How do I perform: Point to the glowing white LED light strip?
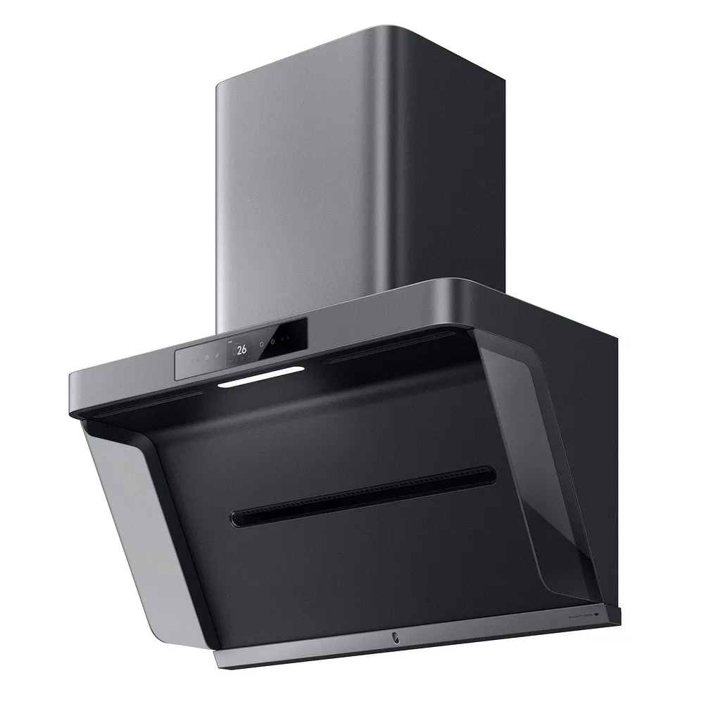click(260, 377)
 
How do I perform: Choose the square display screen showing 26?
click(239, 350)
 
